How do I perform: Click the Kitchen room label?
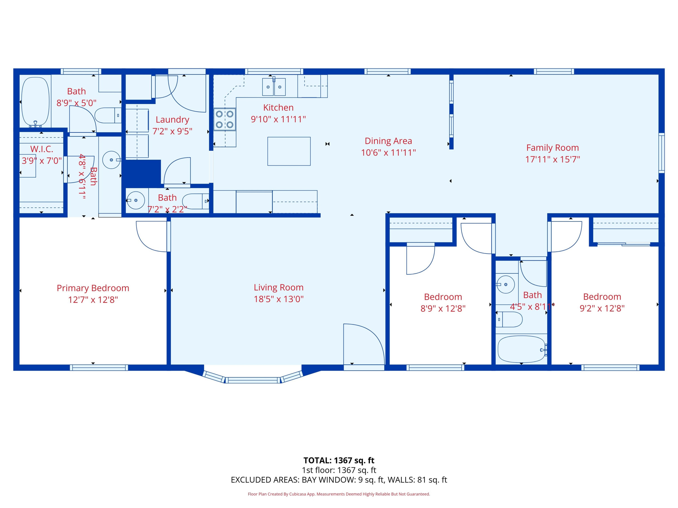(x=278, y=107)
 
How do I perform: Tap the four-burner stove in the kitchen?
(x=225, y=119)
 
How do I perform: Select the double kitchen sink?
(x=274, y=87)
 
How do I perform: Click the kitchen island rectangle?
(x=289, y=151)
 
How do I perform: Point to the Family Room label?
(x=552, y=148)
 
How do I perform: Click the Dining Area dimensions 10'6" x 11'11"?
(x=388, y=152)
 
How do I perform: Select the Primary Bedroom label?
(x=93, y=288)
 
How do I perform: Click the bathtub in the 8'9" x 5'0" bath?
(x=35, y=102)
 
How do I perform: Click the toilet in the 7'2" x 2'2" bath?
(x=195, y=201)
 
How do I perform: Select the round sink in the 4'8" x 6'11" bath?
(x=111, y=160)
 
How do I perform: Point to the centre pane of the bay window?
(x=253, y=380)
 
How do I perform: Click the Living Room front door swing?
(x=364, y=344)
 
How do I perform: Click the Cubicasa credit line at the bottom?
(x=339, y=494)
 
